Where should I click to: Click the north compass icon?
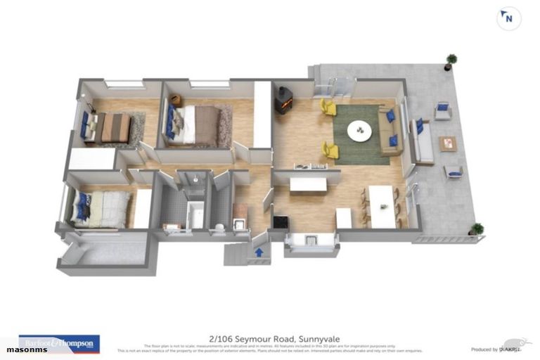(x=508, y=19)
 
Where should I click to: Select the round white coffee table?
(x=361, y=131)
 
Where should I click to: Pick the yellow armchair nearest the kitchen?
(x=330, y=150)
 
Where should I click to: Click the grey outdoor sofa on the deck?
(x=423, y=141)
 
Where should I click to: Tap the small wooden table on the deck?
(x=448, y=144)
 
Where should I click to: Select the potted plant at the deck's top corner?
(x=451, y=61)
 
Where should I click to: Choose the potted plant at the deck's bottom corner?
(x=477, y=229)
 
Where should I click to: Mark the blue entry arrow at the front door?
(x=259, y=251)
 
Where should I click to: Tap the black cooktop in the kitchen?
(x=280, y=222)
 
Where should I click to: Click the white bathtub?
(x=195, y=214)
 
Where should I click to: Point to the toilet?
(x=218, y=226)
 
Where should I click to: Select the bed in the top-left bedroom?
(x=108, y=128)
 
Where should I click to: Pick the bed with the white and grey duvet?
(x=102, y=209)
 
